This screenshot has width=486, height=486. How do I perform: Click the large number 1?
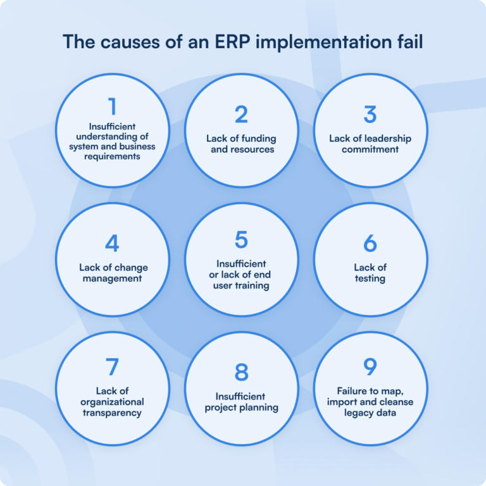112,107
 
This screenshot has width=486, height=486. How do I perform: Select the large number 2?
241,115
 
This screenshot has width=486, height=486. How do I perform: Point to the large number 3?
370,115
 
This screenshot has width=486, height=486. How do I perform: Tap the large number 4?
112,244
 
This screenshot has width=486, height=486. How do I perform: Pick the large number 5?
241,240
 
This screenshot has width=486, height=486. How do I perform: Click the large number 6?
370,244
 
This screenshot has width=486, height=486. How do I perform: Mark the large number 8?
241,373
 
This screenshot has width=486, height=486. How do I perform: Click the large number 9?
370,368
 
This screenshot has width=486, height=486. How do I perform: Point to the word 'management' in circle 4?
112,278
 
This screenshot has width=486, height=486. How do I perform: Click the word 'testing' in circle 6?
370,278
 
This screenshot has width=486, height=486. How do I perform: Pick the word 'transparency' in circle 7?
112,413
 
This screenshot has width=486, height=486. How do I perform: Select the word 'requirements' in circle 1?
112,156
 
